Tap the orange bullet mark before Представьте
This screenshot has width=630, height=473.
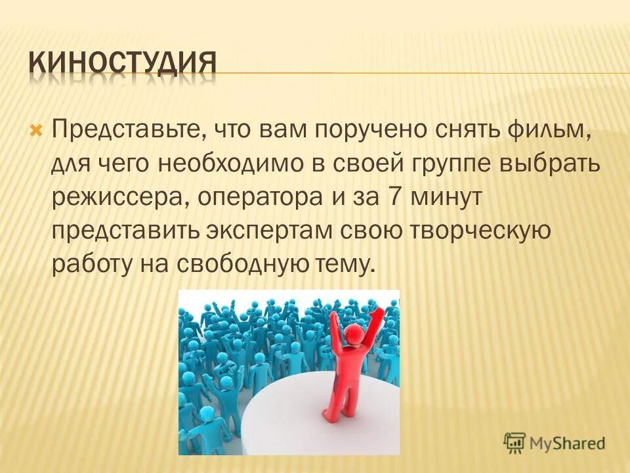[37, 127]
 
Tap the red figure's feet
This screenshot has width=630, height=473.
[335, 414]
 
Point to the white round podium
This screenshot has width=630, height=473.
[289, 420]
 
